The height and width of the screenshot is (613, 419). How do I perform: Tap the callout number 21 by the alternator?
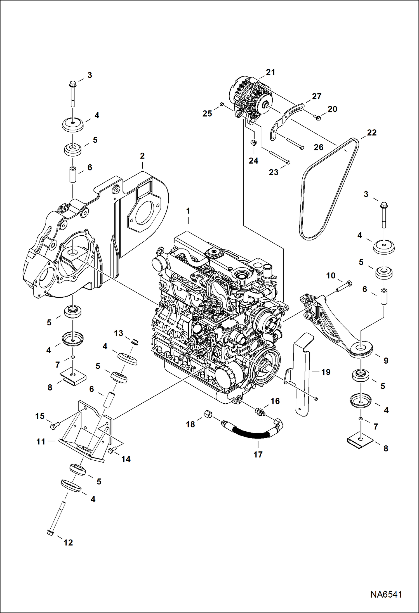[270, 72]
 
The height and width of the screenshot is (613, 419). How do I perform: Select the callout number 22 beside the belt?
[372, 132]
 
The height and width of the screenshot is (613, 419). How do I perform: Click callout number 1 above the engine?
[188, 211]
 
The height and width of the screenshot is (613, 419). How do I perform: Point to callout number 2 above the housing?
[142, 156]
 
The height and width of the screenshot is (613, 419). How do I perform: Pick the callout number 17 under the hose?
[258, 454]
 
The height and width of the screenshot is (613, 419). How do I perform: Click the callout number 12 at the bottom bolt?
[68, 542]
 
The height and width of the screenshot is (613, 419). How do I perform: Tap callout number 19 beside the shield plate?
[326, 372]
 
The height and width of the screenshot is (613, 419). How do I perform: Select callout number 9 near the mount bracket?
[386, 361]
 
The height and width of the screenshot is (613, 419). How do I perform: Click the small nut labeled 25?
[221, 105]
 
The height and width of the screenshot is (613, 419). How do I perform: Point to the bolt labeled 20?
[317, 118]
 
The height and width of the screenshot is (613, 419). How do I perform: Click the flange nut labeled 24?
[253, 143]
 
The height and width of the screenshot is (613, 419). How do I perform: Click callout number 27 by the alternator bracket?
[317, 96]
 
